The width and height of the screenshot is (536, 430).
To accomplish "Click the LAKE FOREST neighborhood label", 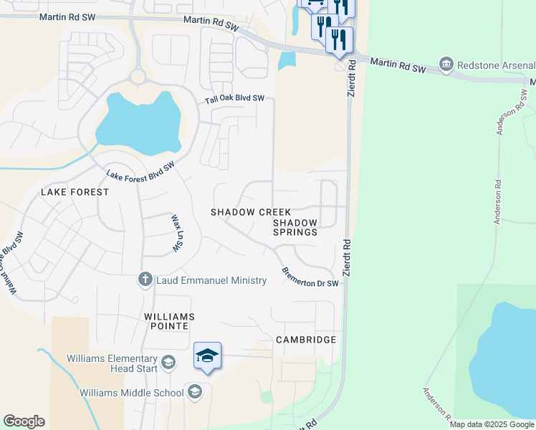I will pos(75,192).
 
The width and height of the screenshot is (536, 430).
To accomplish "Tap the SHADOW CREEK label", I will pos(251,212).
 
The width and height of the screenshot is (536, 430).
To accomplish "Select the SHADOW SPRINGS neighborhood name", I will pos(295,227).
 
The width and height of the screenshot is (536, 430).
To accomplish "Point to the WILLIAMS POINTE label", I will pos(166,321).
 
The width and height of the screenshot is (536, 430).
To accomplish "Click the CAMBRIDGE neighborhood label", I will pos(306,339).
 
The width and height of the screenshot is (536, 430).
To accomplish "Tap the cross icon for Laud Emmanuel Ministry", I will pos(145,280).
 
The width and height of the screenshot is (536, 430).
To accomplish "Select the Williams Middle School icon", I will pos(193,391).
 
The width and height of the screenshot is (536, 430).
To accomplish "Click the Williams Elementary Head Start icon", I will pos(168,362).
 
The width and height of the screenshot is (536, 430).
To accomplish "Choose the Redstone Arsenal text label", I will pos(495,66).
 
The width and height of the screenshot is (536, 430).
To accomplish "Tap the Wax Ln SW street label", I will pos(175,233).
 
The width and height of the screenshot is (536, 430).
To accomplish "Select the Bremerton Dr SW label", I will pos(310,278).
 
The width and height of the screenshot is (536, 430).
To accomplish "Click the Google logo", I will pos(24,421).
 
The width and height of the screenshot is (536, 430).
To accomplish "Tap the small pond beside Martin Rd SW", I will pos(287,60).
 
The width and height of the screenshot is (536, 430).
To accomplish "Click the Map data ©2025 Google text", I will pos(492,424).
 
